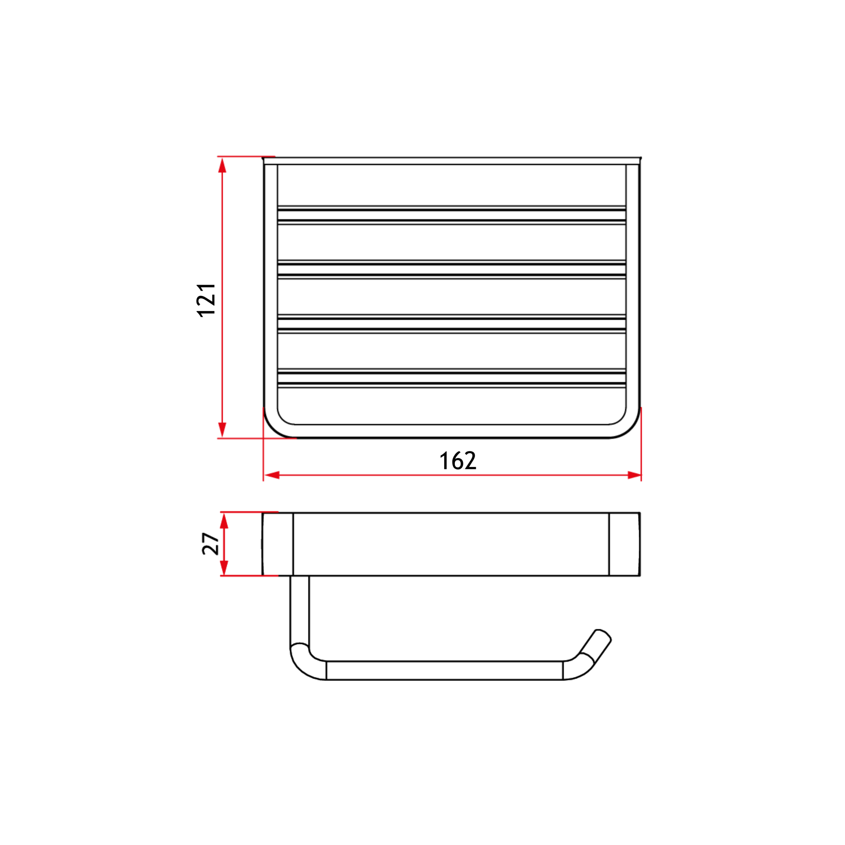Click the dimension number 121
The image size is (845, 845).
206,300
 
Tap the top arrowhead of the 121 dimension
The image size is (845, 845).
222,165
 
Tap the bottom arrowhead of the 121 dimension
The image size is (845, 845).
222,430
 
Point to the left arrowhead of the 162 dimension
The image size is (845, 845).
272,475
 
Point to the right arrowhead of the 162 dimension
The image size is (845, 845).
634,475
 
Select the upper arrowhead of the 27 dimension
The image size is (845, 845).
224,521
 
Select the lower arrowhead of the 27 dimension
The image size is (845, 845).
224,568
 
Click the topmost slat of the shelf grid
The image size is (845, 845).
451,215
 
